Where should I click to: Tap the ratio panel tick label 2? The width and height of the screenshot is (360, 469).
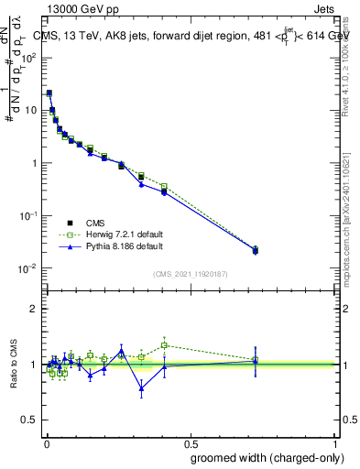point(35,309)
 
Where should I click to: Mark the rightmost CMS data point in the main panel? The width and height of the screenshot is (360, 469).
point(256,249)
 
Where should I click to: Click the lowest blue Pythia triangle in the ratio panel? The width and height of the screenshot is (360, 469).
point(141,388)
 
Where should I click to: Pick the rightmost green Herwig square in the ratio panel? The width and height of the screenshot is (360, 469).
point(256,360)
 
